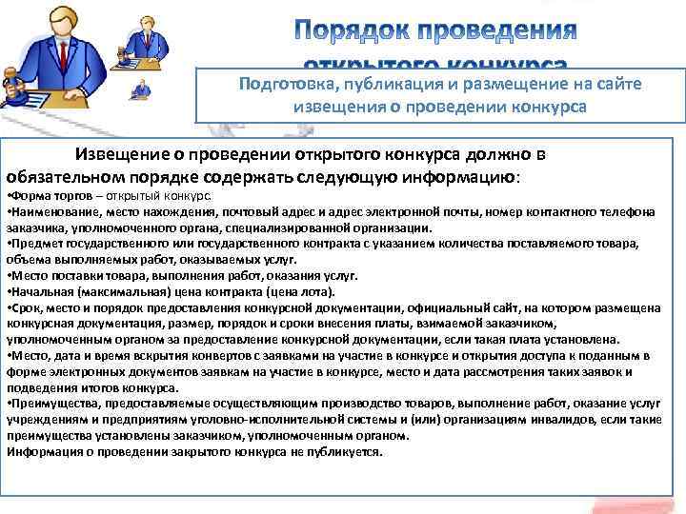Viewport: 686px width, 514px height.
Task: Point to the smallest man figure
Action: [141, 91]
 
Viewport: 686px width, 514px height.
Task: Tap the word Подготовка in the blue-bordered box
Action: [284, 85]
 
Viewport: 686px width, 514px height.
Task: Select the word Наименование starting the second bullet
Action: [51, 212]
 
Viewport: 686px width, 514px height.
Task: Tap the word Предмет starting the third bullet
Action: [34, 244]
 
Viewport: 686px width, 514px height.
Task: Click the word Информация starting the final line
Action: [42, 451]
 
